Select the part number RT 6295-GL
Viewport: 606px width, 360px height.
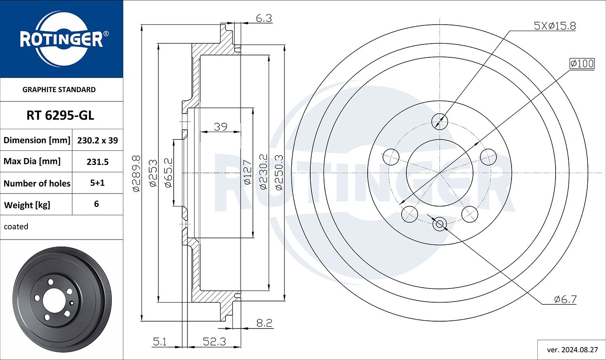coord(60,116)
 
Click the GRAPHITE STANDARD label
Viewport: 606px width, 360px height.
coord(59,90)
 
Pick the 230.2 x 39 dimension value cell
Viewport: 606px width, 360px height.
coord(97,140)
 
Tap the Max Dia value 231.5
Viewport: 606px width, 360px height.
coord(97,162)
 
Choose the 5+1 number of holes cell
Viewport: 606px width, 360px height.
coord(97,183)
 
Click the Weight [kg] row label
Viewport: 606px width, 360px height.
coord(27,205)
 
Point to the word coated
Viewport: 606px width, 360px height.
coord(16,226)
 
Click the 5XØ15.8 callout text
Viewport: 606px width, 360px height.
coord(555,26)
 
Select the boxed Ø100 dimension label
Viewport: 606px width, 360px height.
coord(582,63)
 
